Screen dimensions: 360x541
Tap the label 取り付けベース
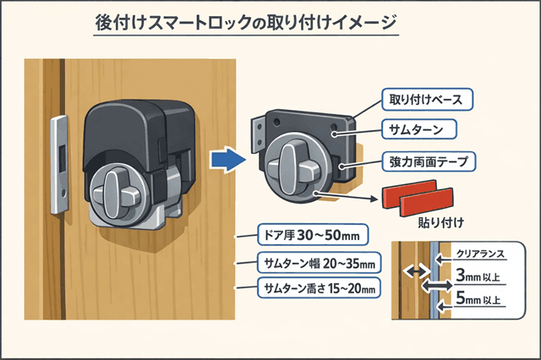425,98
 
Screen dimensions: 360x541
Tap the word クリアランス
482,253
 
